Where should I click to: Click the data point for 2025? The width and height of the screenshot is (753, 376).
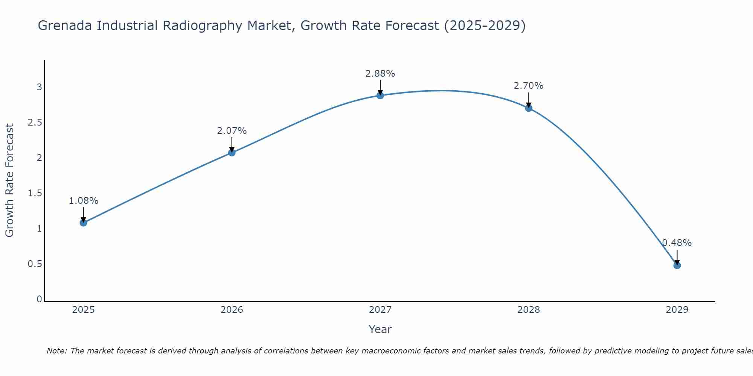[x=83, y=223]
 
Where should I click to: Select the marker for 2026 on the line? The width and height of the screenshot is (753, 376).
[x=232, y=152]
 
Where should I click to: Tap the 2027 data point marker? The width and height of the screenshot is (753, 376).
[x=380, y=96]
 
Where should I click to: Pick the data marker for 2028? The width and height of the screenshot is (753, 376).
[x=528, y=108]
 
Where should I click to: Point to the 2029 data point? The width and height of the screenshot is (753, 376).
[x=677, y=265]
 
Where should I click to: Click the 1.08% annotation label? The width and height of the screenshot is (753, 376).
[x=83, y=201]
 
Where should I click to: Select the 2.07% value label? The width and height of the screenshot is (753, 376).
[x=232, y=131]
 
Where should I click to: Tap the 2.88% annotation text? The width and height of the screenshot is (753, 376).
[x=380, y=74]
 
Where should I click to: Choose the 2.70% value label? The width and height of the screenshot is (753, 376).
[x=528, y=86]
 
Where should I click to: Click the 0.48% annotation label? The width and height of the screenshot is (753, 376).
[x=677, y=243]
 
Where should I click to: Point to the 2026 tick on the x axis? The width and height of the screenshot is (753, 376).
[x=232, y=310]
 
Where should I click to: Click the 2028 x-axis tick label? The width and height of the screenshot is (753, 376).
[x=528, y=310]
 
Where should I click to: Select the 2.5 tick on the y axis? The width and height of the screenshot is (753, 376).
[x=35, y=123]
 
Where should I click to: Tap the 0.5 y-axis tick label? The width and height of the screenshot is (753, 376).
[x=35, y=264]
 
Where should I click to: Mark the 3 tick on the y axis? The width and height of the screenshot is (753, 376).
[x=39, y=87]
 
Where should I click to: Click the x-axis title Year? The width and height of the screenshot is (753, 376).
[x=380, y=329]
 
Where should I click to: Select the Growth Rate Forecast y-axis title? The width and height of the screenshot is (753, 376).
[x=10, y=180]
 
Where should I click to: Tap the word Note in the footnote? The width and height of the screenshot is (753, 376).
[x=56, y=351]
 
